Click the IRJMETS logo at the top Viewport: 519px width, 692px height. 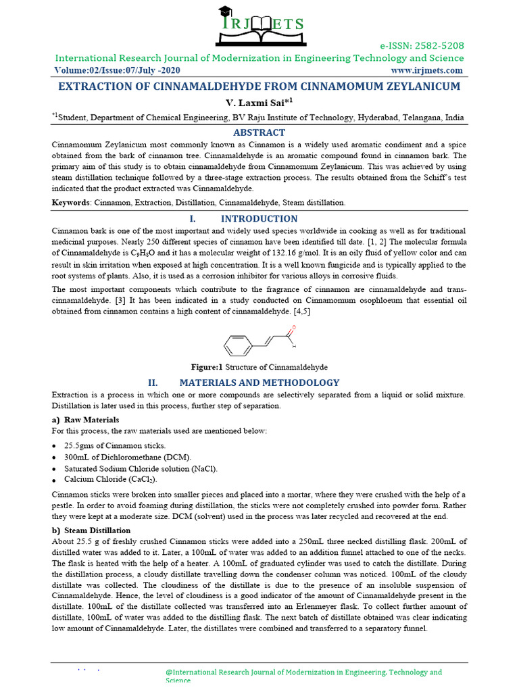[x=259, y=26]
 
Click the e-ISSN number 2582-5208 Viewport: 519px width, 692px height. [x=422, y=46]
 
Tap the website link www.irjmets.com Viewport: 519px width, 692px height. [x=427, y=70]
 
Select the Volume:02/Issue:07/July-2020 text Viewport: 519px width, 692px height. [x=117, y=70]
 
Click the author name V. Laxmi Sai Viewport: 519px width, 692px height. [x=259, y=102]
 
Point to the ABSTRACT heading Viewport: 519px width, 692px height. [x=259, y=132]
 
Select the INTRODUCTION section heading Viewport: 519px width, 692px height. [x=259, y=219]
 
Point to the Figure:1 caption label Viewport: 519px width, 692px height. [x=206, y=367]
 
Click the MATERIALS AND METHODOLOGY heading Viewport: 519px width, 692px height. [x=259, y=382]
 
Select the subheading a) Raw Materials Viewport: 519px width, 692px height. [x=81, y=420]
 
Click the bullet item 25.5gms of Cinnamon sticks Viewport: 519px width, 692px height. [x=115, y=446]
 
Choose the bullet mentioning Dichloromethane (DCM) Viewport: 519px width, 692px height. [x=128, y=458]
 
